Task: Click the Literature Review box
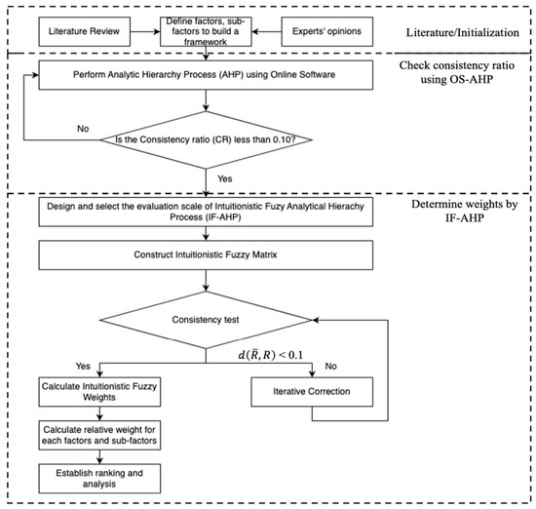[85, 31]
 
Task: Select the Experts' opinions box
[327, 31]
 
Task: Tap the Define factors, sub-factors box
[206, 31]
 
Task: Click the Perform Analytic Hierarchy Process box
[206, 75]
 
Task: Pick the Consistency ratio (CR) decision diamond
[206, 139]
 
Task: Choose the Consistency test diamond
[206, 320]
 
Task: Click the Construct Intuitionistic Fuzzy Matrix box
[206, 255]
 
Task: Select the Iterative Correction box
[312, 392]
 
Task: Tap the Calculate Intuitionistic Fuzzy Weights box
[99, 392]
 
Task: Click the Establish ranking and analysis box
[99, 478]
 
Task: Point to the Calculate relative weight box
[99, 435]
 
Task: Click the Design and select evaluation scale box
[206, 212]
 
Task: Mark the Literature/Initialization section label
[463, 33]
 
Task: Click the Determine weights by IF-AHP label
[464, 211]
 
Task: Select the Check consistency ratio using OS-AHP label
[457, 72]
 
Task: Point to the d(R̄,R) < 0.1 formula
[270, 355]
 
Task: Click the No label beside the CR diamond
[83, 129]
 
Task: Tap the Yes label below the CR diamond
[224, 178]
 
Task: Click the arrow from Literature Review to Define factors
[145, 32]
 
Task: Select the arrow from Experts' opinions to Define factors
[267, 32]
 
